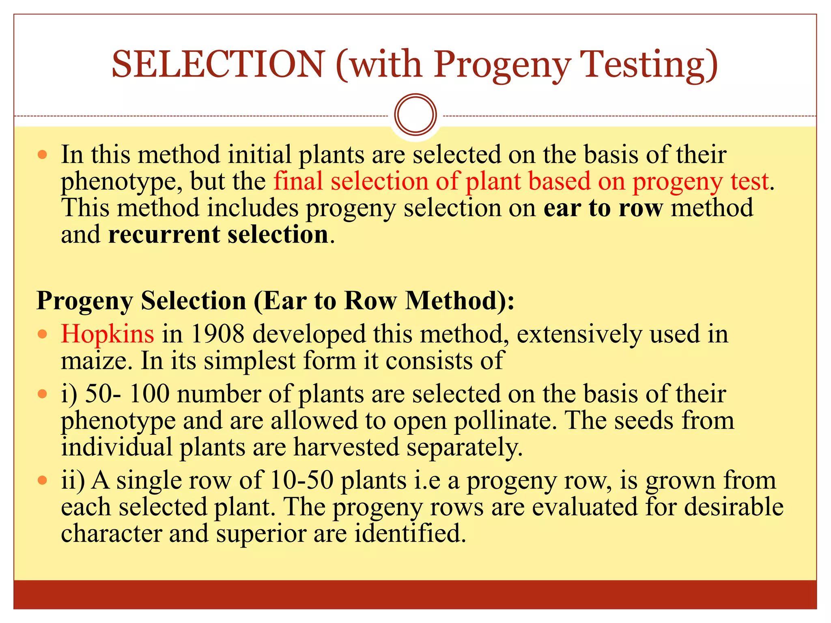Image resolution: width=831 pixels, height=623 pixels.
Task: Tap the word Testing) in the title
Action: (x=649, y=64)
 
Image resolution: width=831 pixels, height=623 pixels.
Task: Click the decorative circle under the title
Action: (x=415, y=115)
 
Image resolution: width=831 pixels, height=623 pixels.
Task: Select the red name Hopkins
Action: (x=108, y=334)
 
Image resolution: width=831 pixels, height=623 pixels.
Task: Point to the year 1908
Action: (x=217, y=334)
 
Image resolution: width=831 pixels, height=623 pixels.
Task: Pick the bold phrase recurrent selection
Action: (x=218, y=234)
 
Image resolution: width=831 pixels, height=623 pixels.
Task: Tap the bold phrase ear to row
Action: (x=603, y=208)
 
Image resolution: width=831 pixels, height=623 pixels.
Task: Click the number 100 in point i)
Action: (x=149, y=394)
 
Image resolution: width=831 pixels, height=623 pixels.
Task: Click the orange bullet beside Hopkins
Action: (x=42, y=335)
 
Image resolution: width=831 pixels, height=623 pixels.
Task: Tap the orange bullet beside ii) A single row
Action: (x=42, y=481)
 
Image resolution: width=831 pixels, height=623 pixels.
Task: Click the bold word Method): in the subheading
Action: (x=460, y=301)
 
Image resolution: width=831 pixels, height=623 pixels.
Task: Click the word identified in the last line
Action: (x=410, y=533)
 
